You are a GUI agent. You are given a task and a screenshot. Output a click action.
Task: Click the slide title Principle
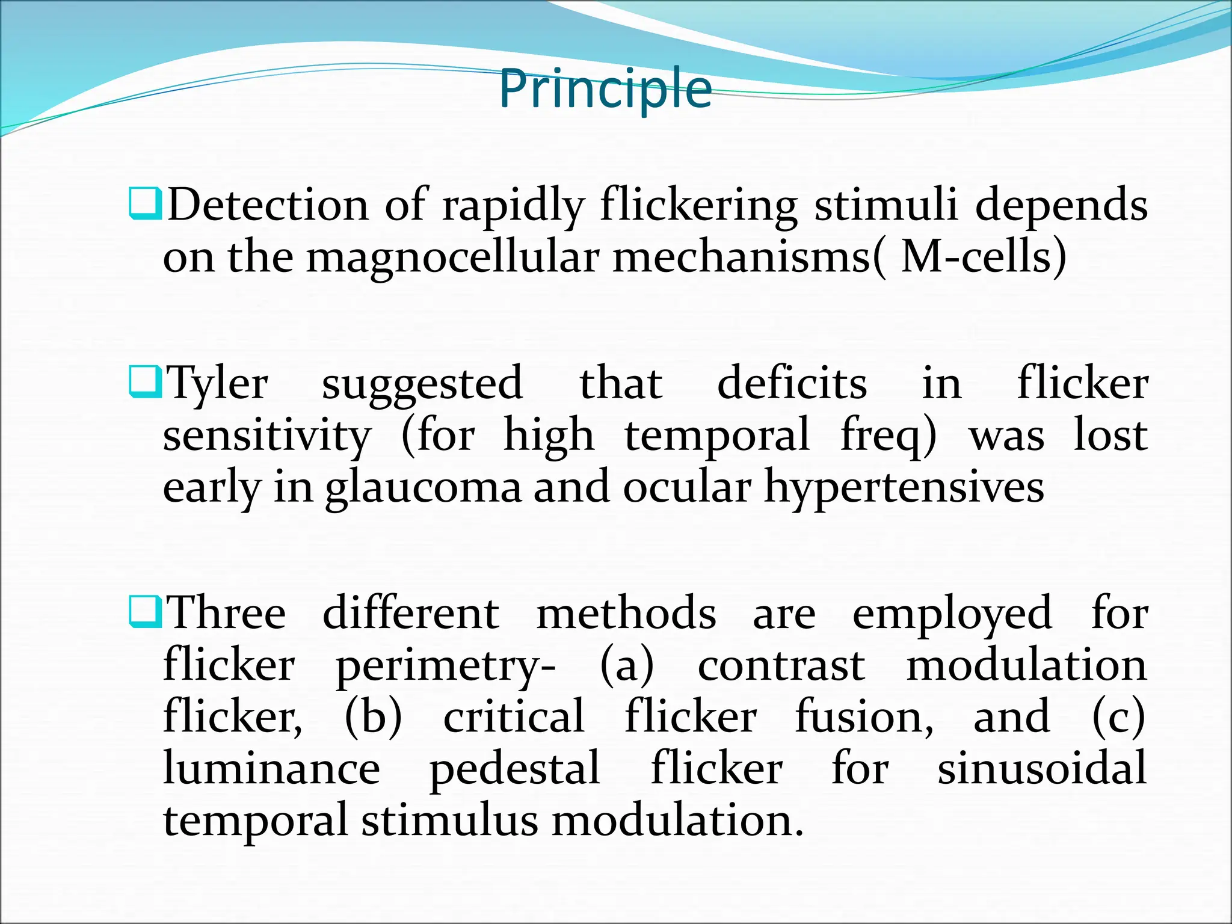click(605, 89)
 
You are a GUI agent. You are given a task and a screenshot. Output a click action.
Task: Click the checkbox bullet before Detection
click(145, 204)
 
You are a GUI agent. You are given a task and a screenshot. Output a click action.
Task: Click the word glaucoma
click(423, 487)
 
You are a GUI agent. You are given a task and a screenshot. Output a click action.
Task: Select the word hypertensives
click(904, 487)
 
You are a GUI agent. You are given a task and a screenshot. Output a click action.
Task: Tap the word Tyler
click(217, 384)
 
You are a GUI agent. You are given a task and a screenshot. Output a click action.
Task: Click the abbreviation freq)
click(889, 436)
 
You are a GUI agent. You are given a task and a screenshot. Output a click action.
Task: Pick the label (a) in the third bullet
click(627, 665)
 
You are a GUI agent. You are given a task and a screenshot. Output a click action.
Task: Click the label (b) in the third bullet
click(373, 717)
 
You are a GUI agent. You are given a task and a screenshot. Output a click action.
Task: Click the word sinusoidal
click(1042, 769)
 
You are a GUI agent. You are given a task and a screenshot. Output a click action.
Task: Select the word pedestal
click(514, 769)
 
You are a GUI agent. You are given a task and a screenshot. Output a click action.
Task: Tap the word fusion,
click(864, 717)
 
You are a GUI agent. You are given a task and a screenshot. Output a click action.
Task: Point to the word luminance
click(271, 769)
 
